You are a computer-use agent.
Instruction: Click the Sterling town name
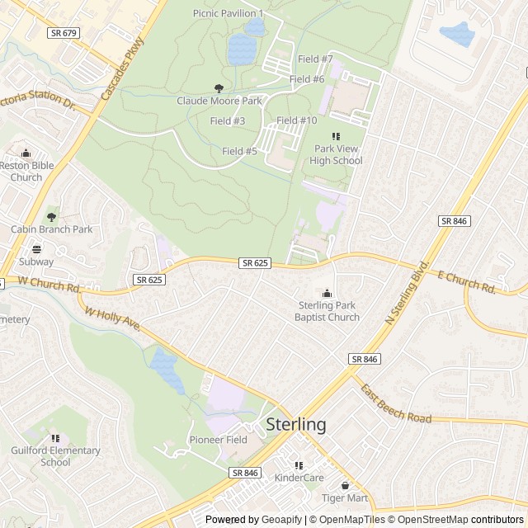(x=295, y=425)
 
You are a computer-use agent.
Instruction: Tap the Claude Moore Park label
(x=219, y=101)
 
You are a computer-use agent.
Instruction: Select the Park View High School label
(x=336, y=155)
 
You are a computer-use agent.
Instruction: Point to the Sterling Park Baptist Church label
(x=328, y=311)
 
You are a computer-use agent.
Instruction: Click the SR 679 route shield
(x=63, y=33)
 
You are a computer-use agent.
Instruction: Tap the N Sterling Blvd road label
(x=408, y=294)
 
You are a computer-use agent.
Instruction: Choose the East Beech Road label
(x=395, y=403)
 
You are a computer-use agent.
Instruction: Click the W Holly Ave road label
(x=113, y=322)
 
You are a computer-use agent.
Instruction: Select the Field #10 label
(x=297, y=120)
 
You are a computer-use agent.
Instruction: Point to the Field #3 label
(x=228, y=121)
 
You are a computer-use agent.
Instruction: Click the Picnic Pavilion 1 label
(x=228, y=13)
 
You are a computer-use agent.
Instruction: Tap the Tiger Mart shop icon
(x=345, y=485)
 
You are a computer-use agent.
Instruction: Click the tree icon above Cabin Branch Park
(x=52, y=217)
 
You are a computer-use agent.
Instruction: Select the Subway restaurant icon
(x=36, y=249)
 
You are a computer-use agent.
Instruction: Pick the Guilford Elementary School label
(x=55, y=456)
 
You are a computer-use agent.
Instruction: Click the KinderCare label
(x=299, y=478)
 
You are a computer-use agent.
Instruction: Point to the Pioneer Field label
(x=218, y=440)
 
